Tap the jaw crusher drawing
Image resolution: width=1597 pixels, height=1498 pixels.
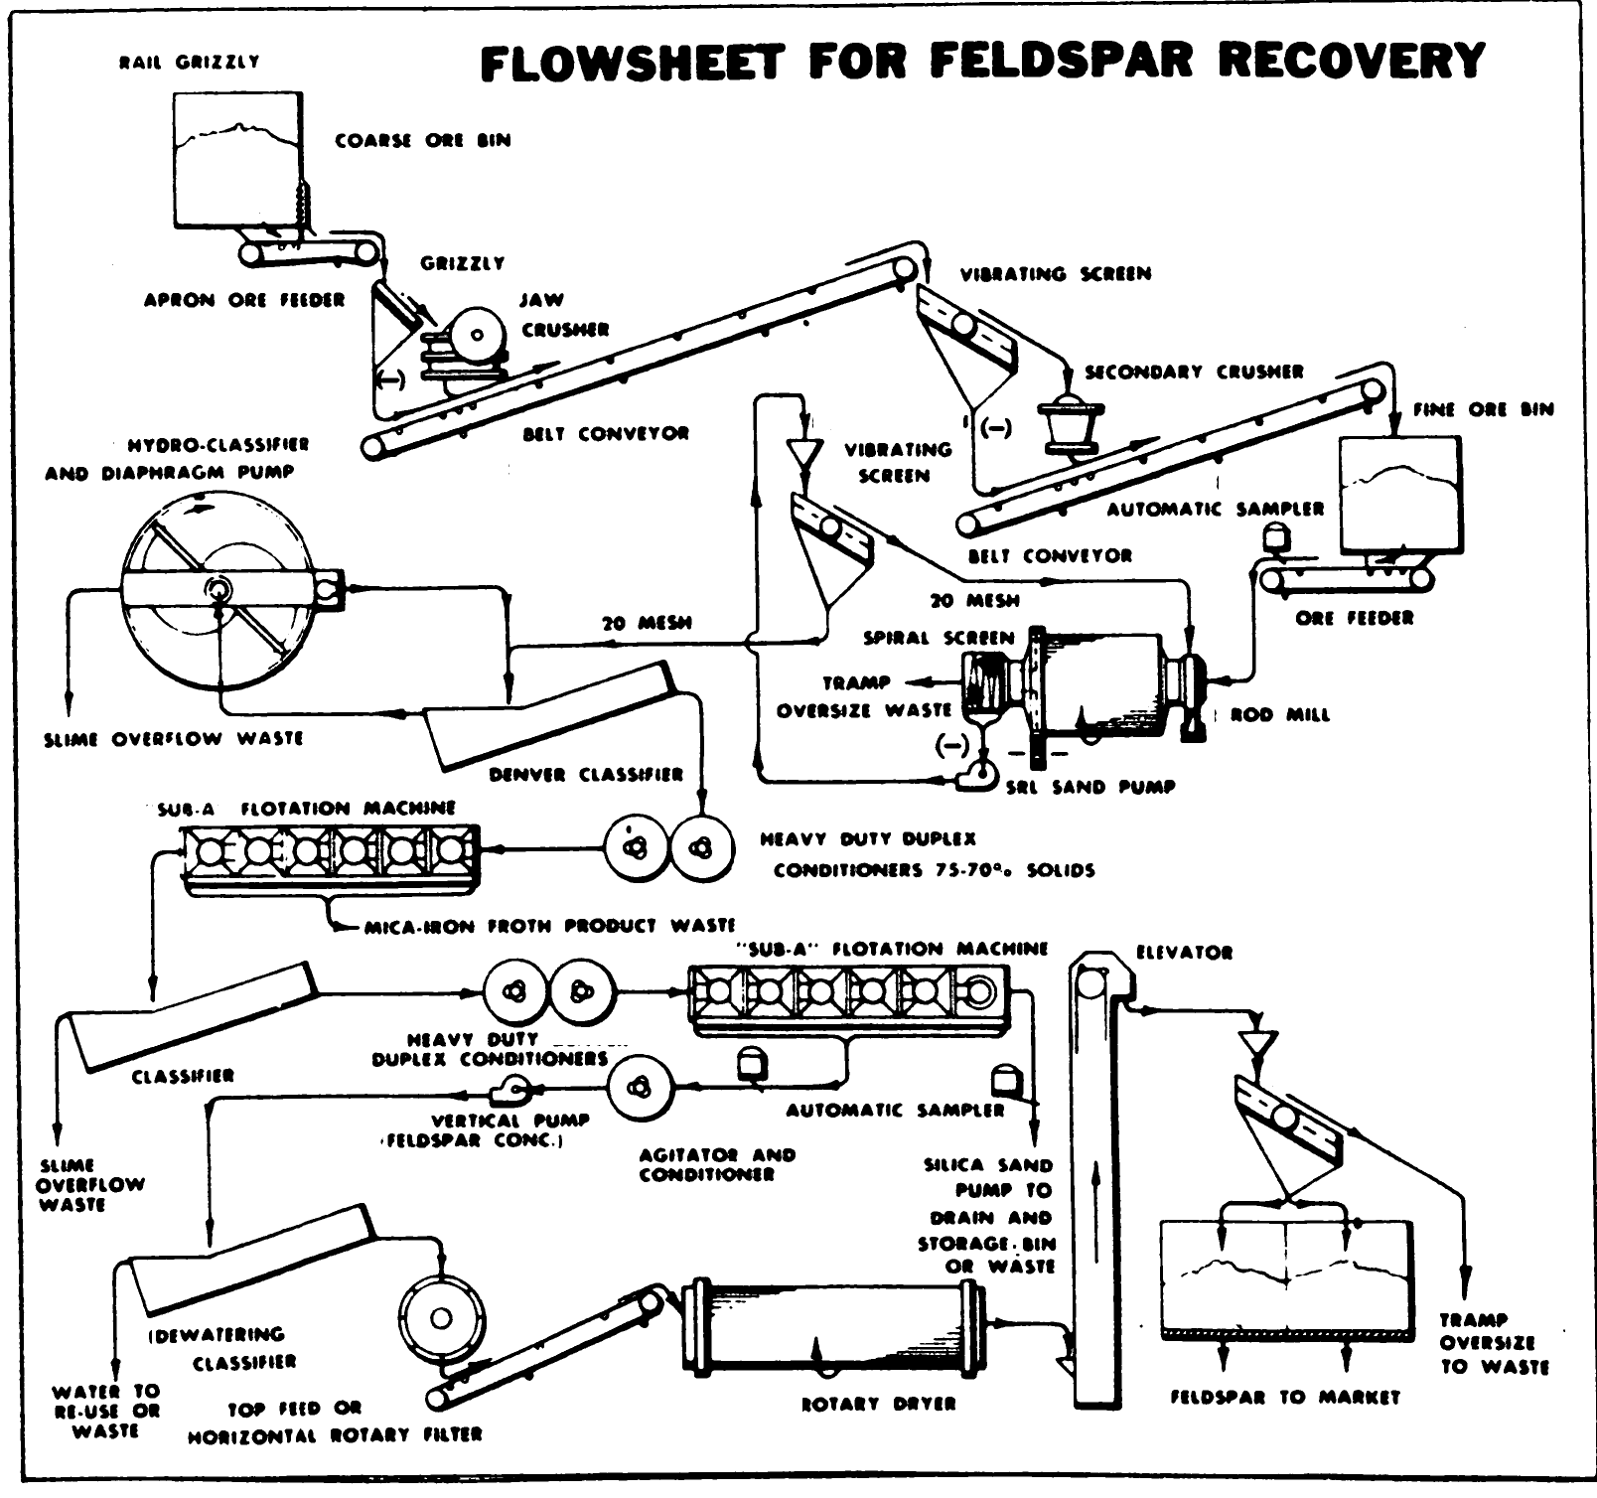tap(465, 343)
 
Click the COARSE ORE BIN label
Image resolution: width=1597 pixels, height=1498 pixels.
tap(423, 140)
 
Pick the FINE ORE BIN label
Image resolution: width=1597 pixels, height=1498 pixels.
tap(1483, 409)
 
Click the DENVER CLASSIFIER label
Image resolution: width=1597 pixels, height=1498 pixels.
tap(586, 774)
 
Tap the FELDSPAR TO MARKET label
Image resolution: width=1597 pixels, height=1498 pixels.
tap(1285, 1398)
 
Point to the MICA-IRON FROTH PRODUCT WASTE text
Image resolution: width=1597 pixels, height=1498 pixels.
tap(549, 926)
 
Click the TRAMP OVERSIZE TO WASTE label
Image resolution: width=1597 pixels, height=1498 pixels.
tap(1494, 1343)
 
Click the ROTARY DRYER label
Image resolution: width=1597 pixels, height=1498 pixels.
tap(878, 1404)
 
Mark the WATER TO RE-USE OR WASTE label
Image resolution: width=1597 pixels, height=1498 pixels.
tap(105, 1411)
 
